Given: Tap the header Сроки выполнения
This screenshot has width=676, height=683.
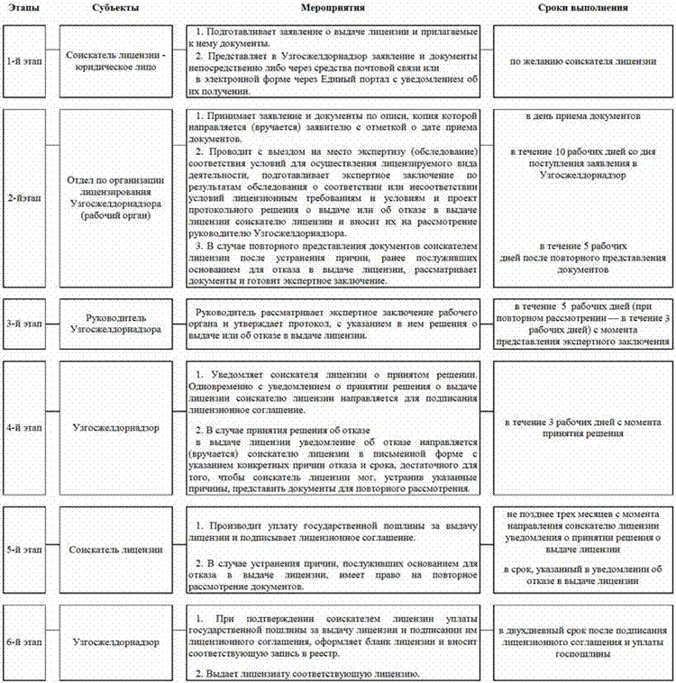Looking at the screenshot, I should click(x=583, y=8).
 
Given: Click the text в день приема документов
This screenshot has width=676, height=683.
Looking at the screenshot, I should click(x=583, y=118).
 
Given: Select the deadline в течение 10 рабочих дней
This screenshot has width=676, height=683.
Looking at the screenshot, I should click(x=583, y=158).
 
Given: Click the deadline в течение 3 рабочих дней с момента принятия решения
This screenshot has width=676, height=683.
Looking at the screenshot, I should click(x=583, y=427).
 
